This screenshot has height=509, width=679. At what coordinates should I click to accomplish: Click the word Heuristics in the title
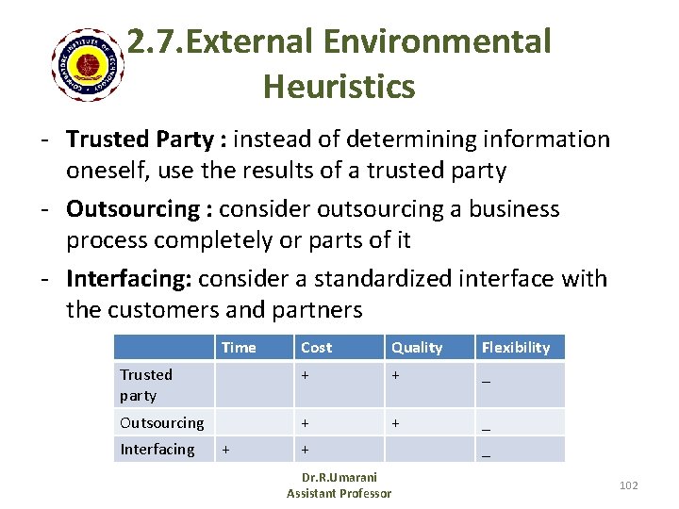(x=339, y=87)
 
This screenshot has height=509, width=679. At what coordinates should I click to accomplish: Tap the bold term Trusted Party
(x=141, y=140)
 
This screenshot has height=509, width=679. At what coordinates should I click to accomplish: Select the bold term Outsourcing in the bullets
(x=132, y=209)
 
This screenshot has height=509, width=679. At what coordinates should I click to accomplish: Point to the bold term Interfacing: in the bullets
(x=130, y=279)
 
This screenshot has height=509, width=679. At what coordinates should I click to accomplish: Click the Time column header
(x=239, y=347)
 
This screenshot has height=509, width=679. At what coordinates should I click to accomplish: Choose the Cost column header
(x=316, y=347)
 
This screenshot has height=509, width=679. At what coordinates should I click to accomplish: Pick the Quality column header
(x=417, y=347)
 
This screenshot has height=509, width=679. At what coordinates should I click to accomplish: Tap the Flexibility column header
(x=515, y=347)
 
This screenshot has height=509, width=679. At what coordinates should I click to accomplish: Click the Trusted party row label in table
(x=145, y=385)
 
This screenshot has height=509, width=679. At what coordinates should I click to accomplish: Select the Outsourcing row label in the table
(x=161, y=422)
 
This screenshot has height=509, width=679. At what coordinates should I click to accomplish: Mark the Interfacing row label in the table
(x=157, y=449)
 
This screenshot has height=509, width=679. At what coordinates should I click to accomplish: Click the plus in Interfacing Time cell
(x=224, y=450)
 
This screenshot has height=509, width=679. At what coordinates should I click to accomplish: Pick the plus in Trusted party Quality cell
(x=395, y=375)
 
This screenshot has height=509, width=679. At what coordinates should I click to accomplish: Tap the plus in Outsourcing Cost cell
(x=305, y=423)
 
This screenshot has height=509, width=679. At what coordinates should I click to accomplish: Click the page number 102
(x=628, y=484)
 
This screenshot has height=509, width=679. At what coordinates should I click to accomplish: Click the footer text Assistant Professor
(x=339, y=493)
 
